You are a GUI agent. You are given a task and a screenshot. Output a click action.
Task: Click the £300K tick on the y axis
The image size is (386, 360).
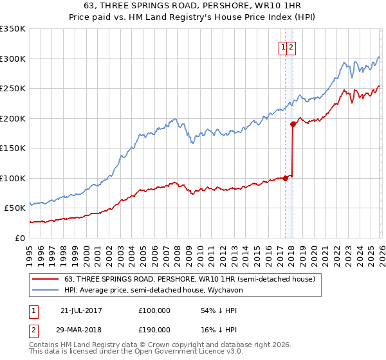point(13,59)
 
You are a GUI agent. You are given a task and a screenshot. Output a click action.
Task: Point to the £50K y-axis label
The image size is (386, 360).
point(15,208)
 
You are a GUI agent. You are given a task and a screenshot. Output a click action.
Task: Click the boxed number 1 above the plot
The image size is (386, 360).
point(283,47)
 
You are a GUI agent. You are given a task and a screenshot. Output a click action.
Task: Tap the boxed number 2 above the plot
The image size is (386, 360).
point(291,47)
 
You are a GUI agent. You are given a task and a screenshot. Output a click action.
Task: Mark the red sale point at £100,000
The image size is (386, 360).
point(285,178)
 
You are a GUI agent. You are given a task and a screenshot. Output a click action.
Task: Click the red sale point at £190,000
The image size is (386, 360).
point(293,124)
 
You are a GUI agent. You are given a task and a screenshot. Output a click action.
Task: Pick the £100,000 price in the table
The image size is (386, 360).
point(154,310)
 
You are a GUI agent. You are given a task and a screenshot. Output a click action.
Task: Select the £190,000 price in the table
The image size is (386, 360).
point(154,329)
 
